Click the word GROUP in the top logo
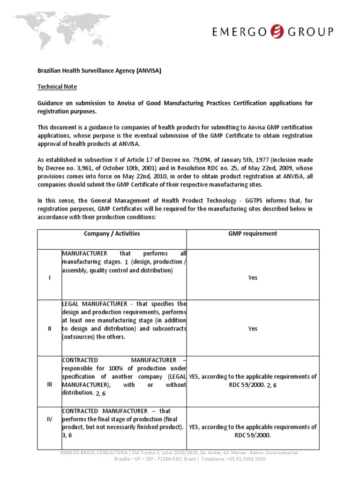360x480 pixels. pyautogui.click(x=311, y=31)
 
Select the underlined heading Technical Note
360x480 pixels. pyautogui.click(x=57, y=87)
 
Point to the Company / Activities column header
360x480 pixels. pyautogui.click(x=112, y=233)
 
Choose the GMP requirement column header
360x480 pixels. pyautogui.click(x=252, y=233)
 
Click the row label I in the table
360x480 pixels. pyautogui.click(x=50, y=277)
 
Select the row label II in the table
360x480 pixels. pyautogui.click(x=50, y=329)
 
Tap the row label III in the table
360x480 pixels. pyautogui.click(x=50, y=384)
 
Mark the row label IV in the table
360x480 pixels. pyautogui.click(x=50, y=420)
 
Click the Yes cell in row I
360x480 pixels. pyautogui.click(x=252, y=277)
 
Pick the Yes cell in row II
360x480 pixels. pyautogui.click(x=252, y=329)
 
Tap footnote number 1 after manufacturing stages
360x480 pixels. pyautogui.click(x=127, y=262)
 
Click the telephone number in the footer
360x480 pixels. pyautogui.click(x=244, y=459)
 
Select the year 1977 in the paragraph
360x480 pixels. pyautogui.click(x=277, y=160)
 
